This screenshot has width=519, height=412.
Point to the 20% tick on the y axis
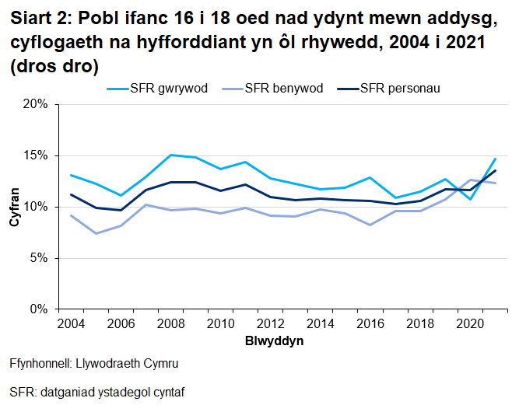[x=36, y=104]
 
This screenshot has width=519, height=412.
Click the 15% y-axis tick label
[x=36, y=155]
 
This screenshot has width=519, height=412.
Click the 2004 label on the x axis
[x=71, y=323]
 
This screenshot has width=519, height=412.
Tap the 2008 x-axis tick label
[x=170, y=323]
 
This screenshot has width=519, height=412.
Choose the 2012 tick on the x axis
[x=269, y=323]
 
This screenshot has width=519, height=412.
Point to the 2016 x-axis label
[x=369, y=323]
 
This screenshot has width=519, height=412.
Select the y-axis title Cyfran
[x=13, y=207]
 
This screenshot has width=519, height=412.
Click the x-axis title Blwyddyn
[x=274, y=341]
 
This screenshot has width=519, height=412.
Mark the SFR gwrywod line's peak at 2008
[x=170, y=155]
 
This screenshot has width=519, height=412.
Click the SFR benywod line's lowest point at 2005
[x=96, y=233]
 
